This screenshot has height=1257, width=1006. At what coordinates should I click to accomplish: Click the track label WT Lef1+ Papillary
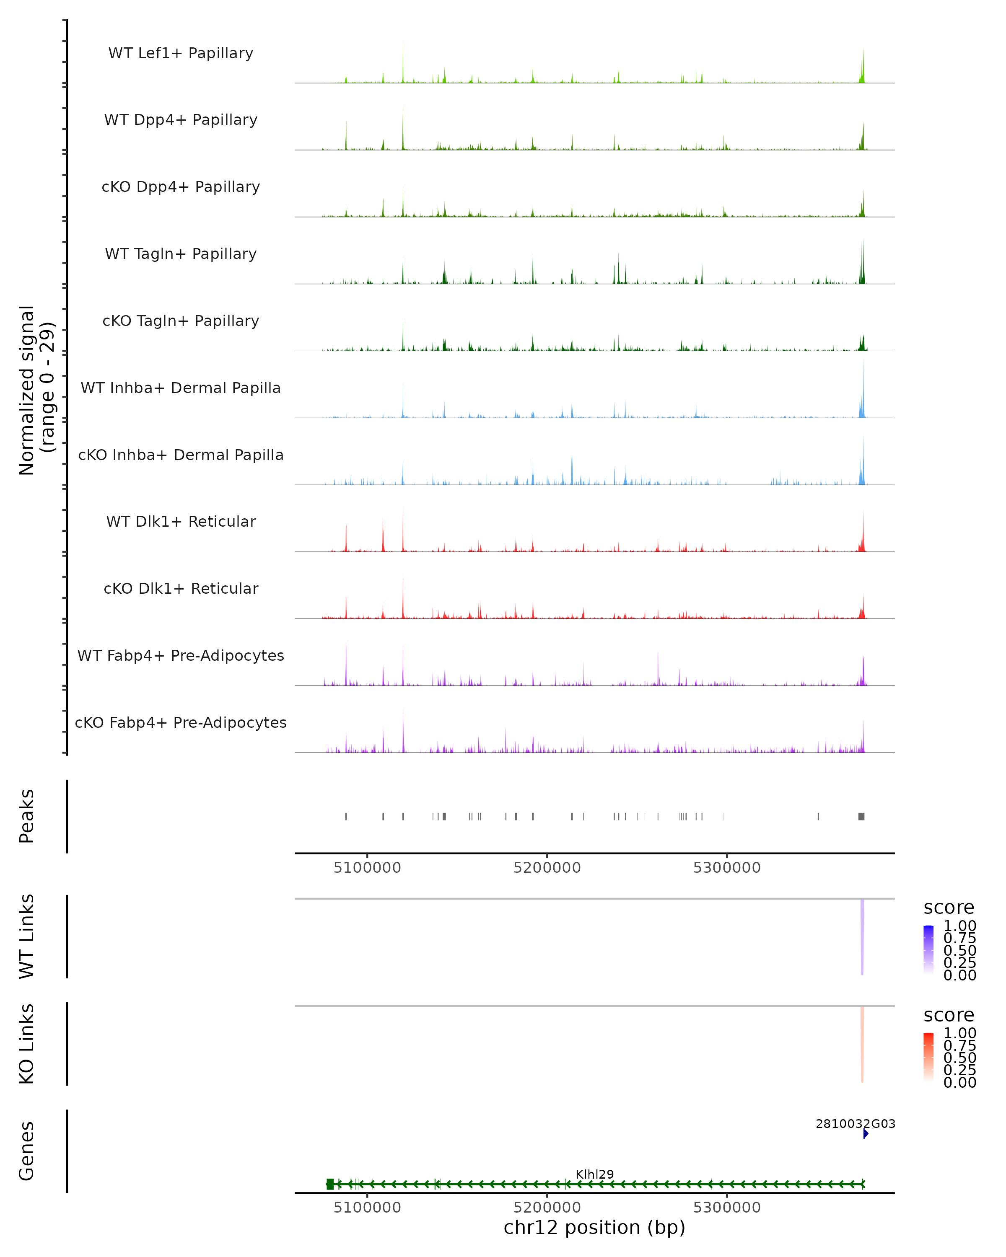click(181, 53)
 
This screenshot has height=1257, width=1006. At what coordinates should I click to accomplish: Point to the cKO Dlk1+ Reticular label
click(181, 588)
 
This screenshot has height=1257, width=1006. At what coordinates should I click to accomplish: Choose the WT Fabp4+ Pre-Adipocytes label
click(181, 655)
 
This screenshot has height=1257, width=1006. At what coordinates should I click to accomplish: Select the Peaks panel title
click(27, 816)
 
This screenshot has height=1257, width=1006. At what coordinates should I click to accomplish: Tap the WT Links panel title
click(27, 936)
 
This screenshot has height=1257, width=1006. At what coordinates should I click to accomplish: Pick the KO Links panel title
click(27, 1044)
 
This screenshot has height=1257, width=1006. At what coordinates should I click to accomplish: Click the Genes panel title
click(27, 1151)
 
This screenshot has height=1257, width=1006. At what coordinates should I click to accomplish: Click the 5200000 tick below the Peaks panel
click(547, 868)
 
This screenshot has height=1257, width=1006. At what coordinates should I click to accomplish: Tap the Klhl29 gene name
click(594, 1174)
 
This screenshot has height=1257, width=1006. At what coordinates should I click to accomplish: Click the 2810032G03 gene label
click(855, 1123)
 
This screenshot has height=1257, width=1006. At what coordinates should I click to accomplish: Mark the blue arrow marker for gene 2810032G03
click(866, 1133)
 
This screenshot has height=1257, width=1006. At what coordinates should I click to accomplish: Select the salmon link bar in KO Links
click(862, 1044)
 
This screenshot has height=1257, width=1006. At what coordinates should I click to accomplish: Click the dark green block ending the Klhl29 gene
click(330, 1184)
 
